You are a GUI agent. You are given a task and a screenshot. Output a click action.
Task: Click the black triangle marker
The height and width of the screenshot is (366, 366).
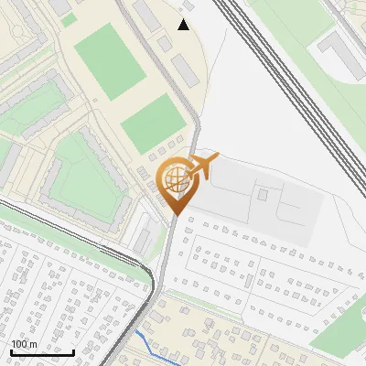pyautogui.click(x=184, y=24)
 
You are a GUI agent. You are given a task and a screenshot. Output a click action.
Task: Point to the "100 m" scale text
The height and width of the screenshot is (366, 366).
pyautogui.click(x=25, y=344)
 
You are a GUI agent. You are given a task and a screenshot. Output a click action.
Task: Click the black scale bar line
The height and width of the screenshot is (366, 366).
pyautogui.click(x=42, y=352)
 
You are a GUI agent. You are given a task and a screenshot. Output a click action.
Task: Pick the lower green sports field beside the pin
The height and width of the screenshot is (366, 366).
pyautogui.click(x=154, y=123)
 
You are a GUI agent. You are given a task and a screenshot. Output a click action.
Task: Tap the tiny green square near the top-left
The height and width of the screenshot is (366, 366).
pyautogui.click(x=70, y=19)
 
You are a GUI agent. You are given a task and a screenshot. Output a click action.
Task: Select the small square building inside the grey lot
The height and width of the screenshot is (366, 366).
pyautogui.click(x=263, y=193)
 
